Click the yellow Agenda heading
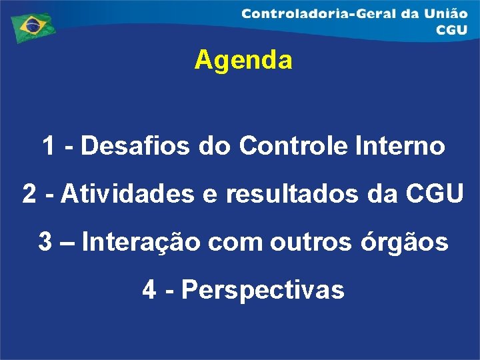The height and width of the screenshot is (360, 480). click(243, 61)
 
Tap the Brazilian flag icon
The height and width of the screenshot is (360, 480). click(30, 26)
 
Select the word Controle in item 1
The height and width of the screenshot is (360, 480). click(291, 145)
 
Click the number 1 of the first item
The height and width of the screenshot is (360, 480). click(49, 145)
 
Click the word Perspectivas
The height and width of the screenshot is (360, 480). click(263, 290)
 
